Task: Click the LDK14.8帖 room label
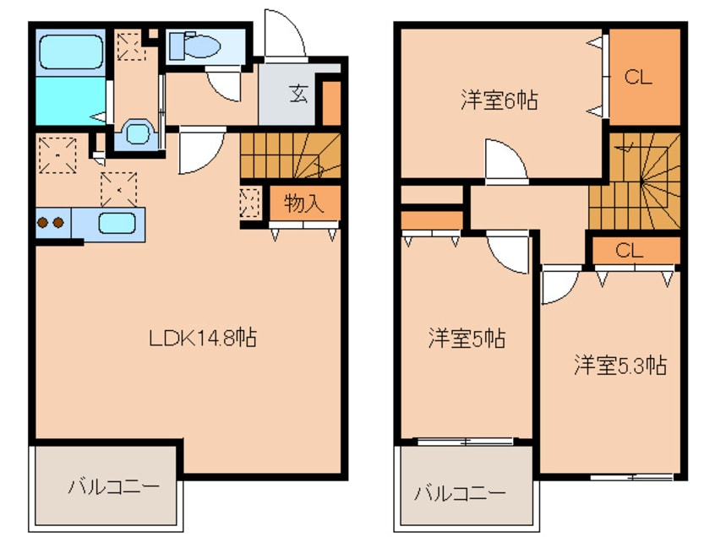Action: pyautogui.click(x=203, y=339)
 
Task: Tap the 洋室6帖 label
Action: pyautogui.click(x=499, y=100)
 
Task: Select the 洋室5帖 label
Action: pyautogui.click(x=467, y=339)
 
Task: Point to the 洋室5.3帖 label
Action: pyautogui.click(x=620, y=365)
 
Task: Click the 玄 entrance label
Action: pyautogui.click(x=298, y=93)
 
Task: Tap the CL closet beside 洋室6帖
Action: pyautogui.click(x=639, y=77)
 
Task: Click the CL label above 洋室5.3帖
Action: pyautogui.click(x=630, y=251)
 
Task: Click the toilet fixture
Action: pyautogui.click(x=195, y=46)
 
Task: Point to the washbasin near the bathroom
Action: pyautogui.click(x=136, y=133)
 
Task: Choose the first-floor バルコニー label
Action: pyautogui.click(x=113, y=487)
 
